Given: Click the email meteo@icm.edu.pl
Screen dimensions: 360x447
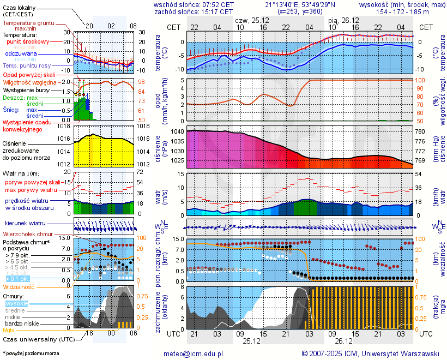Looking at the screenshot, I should (x=194, y=353).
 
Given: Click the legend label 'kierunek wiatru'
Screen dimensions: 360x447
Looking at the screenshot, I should (x=25, y=224).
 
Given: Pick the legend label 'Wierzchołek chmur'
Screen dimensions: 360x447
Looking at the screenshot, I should (x=27, y=234).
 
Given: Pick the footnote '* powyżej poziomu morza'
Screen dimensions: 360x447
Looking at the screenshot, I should (x=31, y=353).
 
